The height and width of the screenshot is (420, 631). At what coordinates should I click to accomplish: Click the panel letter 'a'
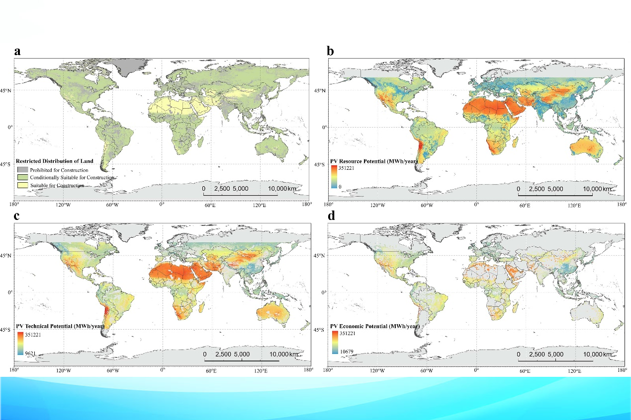tap(18, 51)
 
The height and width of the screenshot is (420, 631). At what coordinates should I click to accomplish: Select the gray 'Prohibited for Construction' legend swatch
tap(22, 170)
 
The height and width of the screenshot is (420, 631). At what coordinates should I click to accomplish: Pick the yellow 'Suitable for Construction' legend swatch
tap(22, 185)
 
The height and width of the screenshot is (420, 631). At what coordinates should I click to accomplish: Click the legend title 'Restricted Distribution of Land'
tap(54, 161)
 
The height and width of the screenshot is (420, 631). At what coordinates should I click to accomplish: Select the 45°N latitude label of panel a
tap(6, 90)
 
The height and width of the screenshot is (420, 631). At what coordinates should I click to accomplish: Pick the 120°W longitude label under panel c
tap(63, 370)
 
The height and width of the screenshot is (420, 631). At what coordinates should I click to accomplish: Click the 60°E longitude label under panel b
tap(525, 205)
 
